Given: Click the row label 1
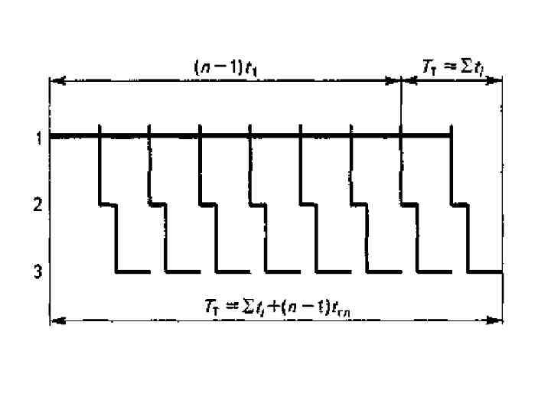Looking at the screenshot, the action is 36,138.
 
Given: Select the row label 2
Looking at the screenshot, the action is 36,205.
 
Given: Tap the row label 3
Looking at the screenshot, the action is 37,272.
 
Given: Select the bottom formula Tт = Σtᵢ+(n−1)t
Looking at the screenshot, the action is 282,307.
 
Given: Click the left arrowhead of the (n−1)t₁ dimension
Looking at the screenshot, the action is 55,80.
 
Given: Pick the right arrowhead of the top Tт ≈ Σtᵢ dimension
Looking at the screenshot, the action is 497,80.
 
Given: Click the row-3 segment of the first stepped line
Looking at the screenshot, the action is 132,272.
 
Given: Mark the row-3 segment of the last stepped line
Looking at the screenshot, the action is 485,272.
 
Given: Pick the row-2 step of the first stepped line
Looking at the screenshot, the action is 108,204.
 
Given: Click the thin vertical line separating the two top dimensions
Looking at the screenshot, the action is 401,107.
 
